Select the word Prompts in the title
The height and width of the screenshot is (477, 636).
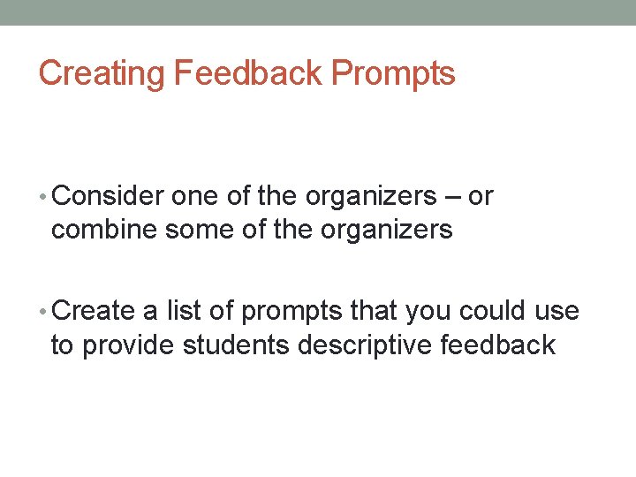click(x=393, y=73)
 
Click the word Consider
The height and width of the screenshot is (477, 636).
click(x=114, y=196)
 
